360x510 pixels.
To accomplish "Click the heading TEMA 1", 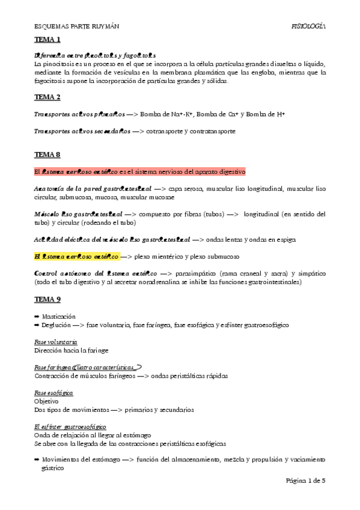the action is pyautogui.click(x=47, y=40).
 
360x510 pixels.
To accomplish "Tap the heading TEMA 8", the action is pyautogui.click(x=47, y=155).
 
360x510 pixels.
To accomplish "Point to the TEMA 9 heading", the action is pyautogui.click(x=47, y=299).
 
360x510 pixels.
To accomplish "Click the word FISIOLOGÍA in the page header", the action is pyautogui.click(x=308, y=26).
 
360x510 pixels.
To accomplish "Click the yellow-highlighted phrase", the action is pyautogui.click(x=77, y=256).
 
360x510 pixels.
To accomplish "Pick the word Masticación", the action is pyautogui.click(x=58, y=316).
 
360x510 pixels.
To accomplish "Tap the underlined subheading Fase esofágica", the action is pyautogui.click(x=53, y=393).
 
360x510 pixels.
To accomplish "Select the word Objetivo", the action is pyautogui.click(x=46, y=401).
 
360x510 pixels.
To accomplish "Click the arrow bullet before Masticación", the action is pyautogui.click(x=37, y=316).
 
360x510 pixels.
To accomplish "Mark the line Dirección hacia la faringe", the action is pyautogui.click(x=66, y=350).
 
